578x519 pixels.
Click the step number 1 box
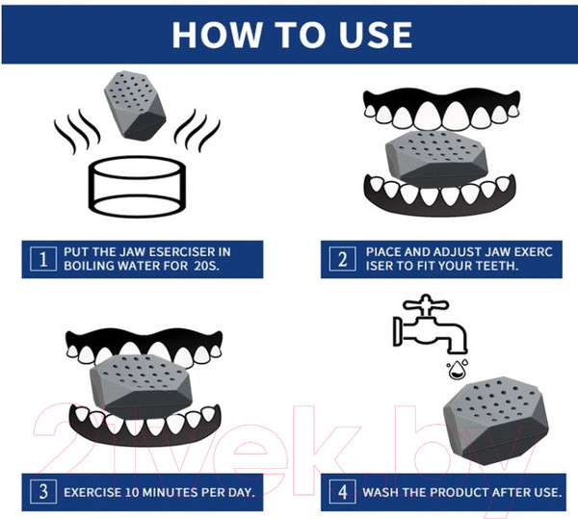point(43,259)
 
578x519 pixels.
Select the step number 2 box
point(342,259)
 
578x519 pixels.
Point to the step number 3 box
point(43,492)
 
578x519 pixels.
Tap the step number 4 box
point(342,492)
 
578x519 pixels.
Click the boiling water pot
point(137,187)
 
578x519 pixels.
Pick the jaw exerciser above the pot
point(135,105)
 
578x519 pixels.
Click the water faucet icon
point(430,324)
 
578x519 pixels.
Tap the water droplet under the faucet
point(457,370)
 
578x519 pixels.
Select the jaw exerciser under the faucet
point(496,421)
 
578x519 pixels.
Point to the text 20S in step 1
point(206,266)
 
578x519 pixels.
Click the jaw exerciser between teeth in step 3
point(142,386)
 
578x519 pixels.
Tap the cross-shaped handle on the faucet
point(426,304)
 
